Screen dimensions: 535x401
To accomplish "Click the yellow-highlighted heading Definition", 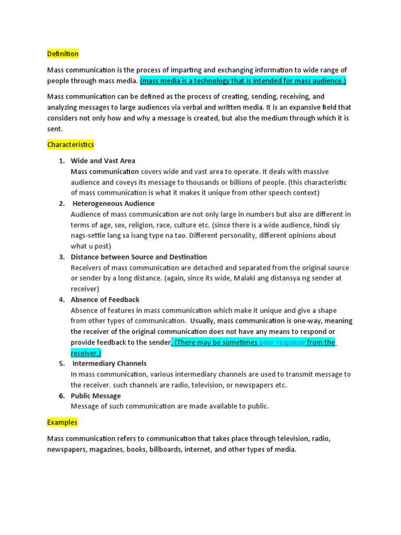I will click(x=63, y=54).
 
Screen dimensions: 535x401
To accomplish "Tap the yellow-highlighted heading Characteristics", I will click(x=70, y=144).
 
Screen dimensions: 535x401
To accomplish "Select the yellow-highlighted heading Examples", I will click(x=62, y=422).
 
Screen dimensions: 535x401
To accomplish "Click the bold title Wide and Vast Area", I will click(x=103, y=161).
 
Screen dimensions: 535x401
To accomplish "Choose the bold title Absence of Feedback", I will click(x=105, y=299).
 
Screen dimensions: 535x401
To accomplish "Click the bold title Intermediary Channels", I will click(x=110, y=363).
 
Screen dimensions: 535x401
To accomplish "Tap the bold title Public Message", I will click(x=96, y=396).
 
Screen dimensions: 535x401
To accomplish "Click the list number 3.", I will click(x=61, y=257).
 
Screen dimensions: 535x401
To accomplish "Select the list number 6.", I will click(x=61, y=396).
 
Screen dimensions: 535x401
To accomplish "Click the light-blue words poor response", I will click(x=282, y=342).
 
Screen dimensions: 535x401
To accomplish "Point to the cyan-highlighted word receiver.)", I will click(x=86, y=353).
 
